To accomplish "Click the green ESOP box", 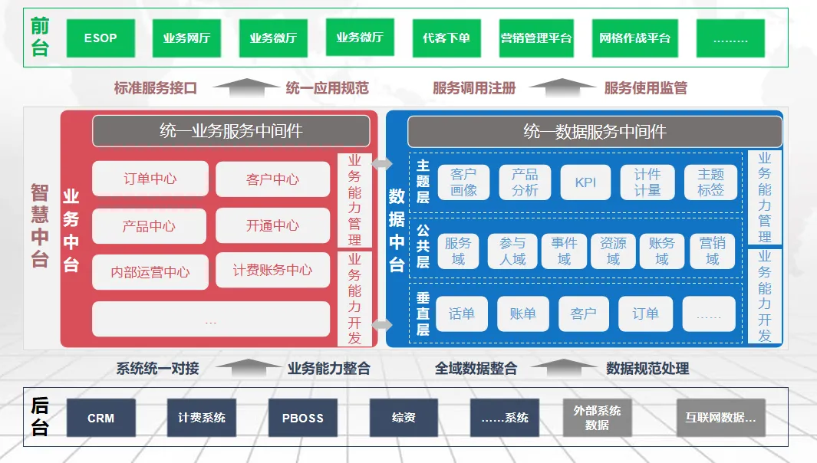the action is (x=100, y=38).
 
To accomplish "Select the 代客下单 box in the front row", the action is (x=446, y=38).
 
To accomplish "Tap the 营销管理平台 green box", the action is (x=536, y=38).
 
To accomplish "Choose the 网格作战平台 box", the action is (x=634, y=38).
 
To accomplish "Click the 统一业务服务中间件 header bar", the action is (x=231, y=131).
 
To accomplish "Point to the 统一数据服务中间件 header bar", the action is (x=595, y=132).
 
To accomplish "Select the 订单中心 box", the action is (x=150, y=179).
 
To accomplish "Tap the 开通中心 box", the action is (x=273, y=225).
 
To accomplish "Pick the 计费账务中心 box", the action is (x=273, y=271).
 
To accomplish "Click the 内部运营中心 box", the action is (x=150, y=272).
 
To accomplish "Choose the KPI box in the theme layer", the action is (x=585, y=182).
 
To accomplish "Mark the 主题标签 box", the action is (x=710, y=182).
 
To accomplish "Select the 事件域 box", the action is (x=564, y=251).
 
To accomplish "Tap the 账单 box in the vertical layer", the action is (x=522, y=314).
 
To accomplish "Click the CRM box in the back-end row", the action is (x=100, y=418).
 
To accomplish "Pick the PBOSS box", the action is (x=302, y=418).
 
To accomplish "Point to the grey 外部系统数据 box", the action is (x=597, y=418).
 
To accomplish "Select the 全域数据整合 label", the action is (x=476, y=369).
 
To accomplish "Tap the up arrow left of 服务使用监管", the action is (x=562, y=87).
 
